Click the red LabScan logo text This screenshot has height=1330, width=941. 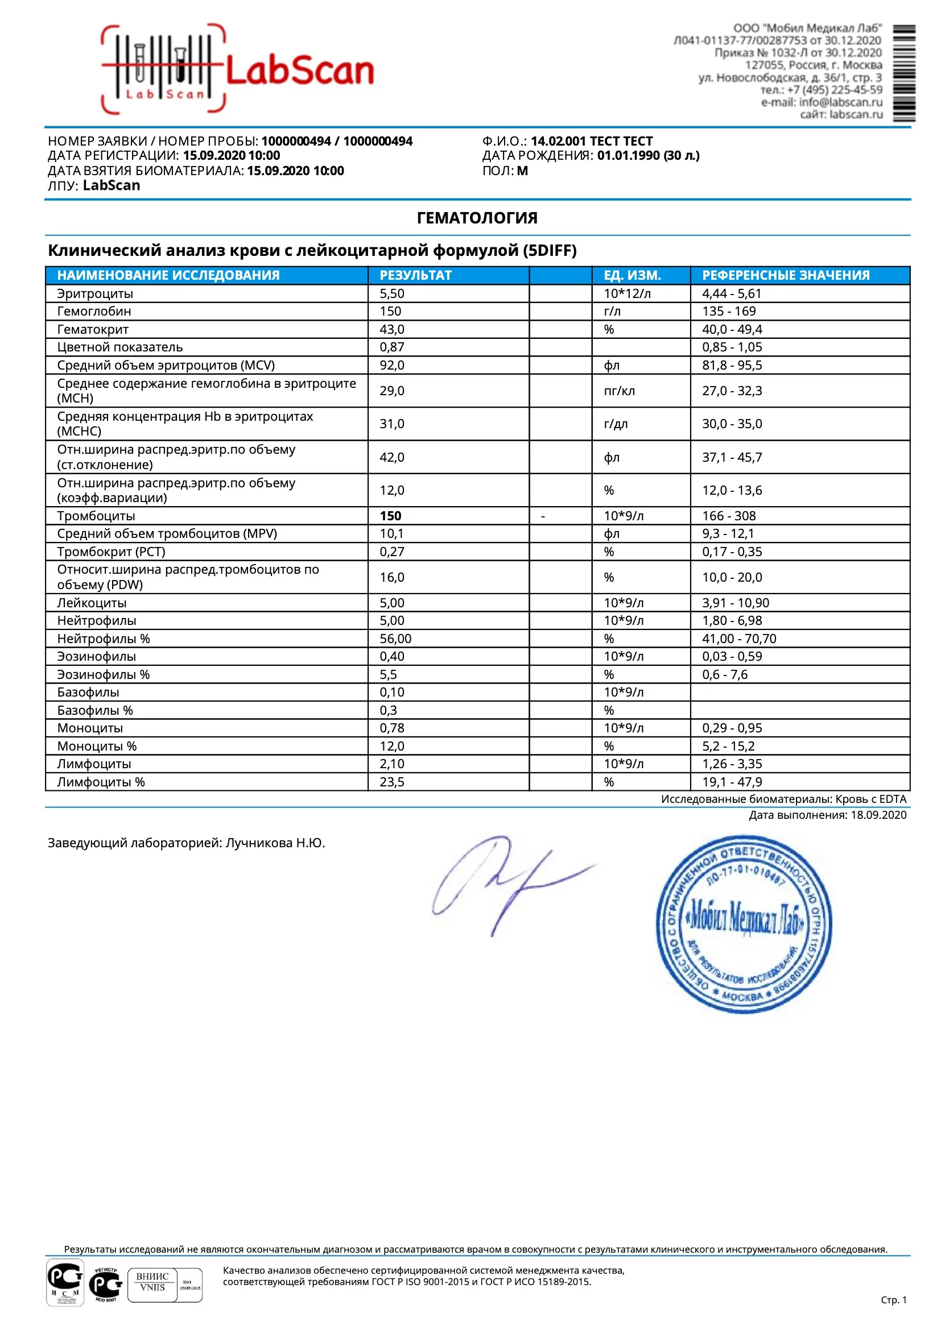(x=299, y=72)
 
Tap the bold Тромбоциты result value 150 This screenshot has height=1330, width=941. (x=390, y=516)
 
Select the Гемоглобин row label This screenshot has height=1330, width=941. (x=94, y=311)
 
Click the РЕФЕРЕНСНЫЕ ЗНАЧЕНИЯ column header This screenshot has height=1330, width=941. (x=785, y=275)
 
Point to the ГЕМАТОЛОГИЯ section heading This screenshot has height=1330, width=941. (x=477, y=218)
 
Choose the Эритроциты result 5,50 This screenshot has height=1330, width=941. (x=391, y=293)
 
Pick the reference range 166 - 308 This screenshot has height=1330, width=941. (x=729, y=516)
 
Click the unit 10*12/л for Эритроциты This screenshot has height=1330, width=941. (x=627, y=293)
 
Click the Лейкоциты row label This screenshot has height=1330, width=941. (x=92, y=602)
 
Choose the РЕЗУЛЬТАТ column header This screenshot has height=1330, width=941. (x=415, y=275)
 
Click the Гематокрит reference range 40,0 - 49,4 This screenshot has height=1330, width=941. (x=732, y=329)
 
